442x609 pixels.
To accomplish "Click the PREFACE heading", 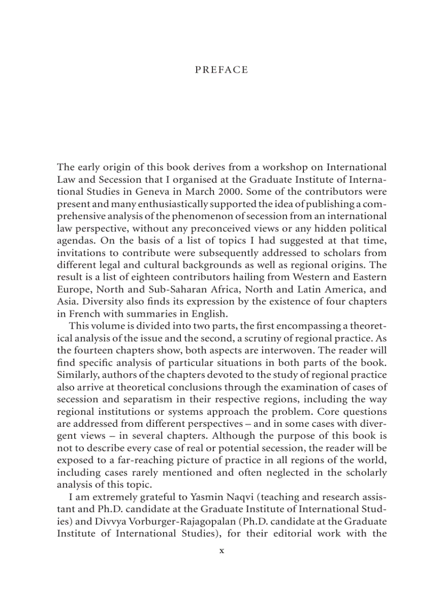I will point(221,70).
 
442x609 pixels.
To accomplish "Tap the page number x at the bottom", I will point(221,550).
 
